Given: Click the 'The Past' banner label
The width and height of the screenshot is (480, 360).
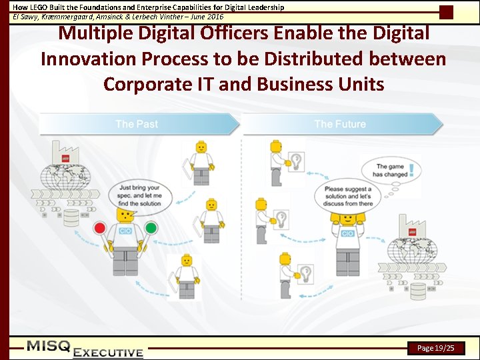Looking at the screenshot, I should click(137, 124).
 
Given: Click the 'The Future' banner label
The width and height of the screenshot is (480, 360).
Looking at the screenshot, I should click(340, 124).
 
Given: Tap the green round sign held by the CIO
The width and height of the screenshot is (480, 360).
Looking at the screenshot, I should click(151, 228).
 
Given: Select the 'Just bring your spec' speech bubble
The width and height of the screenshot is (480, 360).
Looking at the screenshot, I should click(139, 195).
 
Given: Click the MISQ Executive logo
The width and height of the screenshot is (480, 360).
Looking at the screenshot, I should click(85, 349).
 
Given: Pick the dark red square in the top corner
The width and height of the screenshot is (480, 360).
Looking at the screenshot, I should click(447, 12).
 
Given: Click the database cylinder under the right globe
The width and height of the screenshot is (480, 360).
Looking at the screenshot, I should click(417, 291).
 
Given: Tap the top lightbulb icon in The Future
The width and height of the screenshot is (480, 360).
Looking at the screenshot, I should click(295, 161).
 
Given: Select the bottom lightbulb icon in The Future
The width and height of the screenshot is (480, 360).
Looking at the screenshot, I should click(305, 273).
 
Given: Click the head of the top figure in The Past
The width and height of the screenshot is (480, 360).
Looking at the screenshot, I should click(200, 147).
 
